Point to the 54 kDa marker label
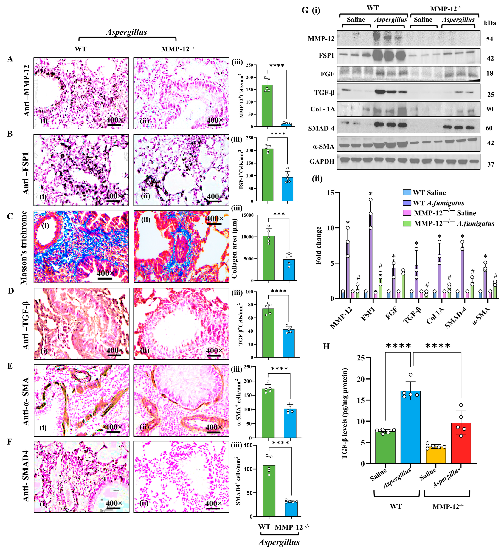(489, 39)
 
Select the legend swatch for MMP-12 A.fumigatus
(407, 223)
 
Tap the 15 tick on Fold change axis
(330, 193)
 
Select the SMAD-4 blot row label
(321, 128)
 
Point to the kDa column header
(490, 23)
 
